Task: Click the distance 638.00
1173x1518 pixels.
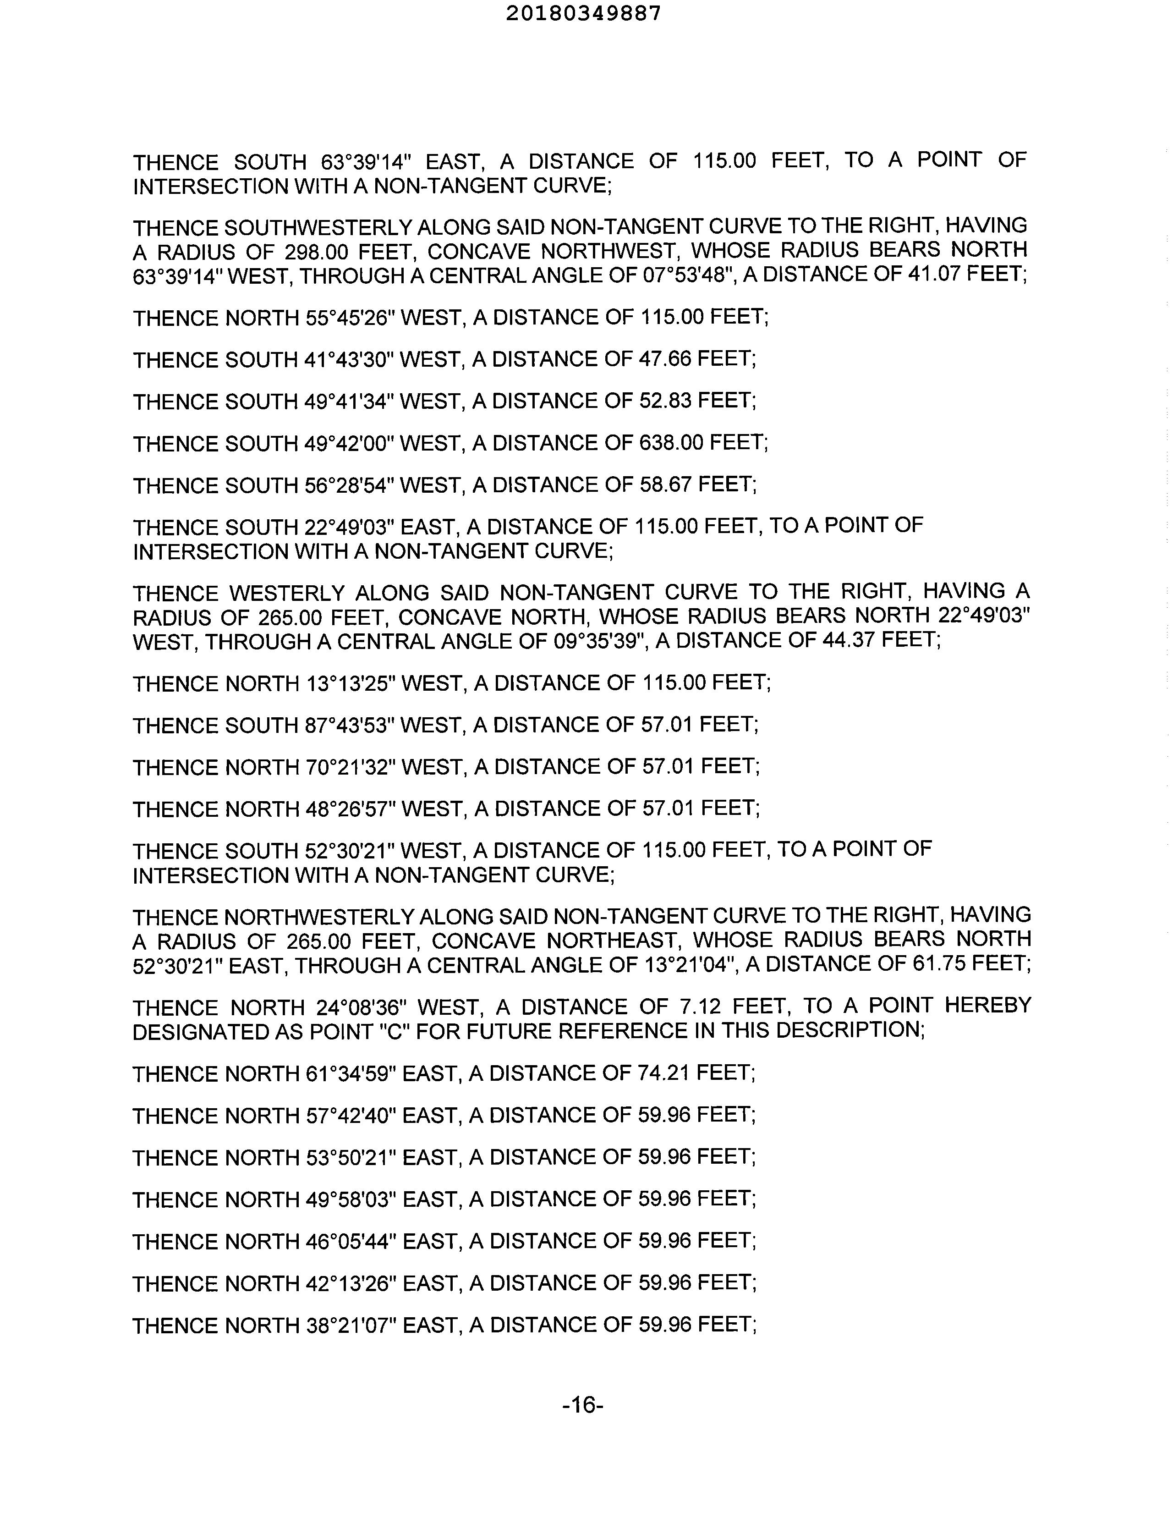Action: [670, 443]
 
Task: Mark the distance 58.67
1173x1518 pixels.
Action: [664, 484]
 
